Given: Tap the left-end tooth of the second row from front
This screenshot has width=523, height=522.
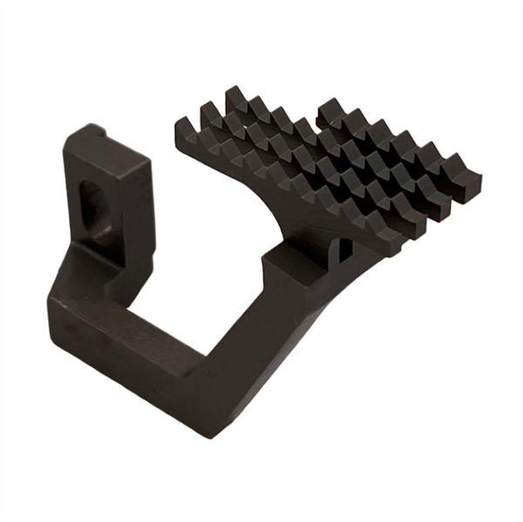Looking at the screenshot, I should tap(209, 112).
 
